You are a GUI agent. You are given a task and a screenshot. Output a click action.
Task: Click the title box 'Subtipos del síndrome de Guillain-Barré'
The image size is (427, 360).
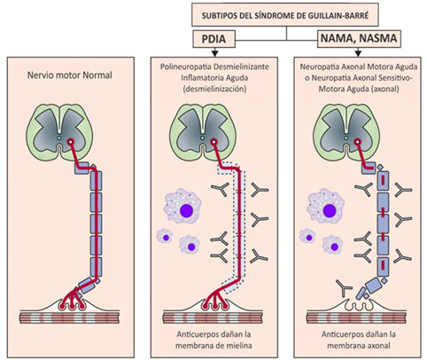click(x=285, y=15)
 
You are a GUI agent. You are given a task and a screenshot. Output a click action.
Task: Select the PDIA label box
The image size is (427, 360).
click(x=213, y=39)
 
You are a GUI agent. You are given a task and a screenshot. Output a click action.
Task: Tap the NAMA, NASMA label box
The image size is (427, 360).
click(x=359, y=38)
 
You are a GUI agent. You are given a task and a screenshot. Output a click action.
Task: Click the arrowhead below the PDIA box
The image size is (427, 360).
click(x=214, y=53)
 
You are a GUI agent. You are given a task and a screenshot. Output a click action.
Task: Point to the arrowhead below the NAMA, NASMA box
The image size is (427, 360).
click(x=358, y=53)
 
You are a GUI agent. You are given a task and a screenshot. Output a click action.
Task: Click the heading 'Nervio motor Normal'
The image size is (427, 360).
click(x=70, y=75)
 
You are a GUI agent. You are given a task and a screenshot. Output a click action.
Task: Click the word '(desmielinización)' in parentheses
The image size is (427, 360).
click(x=214, y=89)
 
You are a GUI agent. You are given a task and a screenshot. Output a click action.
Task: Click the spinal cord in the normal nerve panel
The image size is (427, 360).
click(x=60, y=132)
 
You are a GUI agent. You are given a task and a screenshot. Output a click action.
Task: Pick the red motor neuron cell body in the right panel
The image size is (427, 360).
click(x=357, y=142)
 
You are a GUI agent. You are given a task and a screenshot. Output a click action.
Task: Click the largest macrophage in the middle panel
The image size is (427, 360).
click(x=182, y=206)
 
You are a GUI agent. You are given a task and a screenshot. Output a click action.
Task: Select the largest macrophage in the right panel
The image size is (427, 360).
click(x=326, y=206)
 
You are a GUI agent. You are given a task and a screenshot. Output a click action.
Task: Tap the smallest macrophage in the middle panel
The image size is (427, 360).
click(x=164, y=237)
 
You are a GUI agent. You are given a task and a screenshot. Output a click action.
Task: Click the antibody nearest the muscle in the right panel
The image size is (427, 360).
click(x=344, y=288)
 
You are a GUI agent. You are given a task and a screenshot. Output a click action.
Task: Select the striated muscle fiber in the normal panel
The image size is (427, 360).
click(x=70, y=317)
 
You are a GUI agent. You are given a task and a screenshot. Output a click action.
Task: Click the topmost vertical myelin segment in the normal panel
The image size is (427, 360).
click(x=96, y=181)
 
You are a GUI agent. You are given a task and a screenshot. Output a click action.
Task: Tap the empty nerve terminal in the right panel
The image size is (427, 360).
click(x=358, y=305)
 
